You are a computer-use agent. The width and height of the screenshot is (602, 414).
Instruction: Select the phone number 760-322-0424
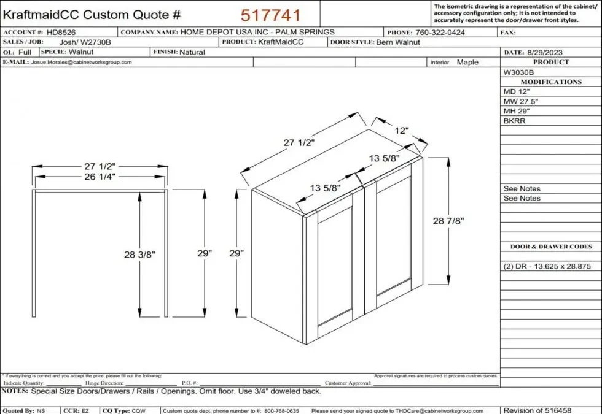tap(440, 33)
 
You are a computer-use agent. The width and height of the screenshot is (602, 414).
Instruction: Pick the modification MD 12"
tap(517, 91)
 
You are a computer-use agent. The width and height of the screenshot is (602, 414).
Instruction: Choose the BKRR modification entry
tap(515, 121)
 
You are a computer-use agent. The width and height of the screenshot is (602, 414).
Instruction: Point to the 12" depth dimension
tap(401, 131)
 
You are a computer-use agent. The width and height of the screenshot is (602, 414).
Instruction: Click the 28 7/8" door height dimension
tap(447, 221)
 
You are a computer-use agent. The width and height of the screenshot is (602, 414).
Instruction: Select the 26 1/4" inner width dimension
tap(100, 177)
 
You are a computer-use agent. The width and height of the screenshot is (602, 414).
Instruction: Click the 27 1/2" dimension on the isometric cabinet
tap(299, 142)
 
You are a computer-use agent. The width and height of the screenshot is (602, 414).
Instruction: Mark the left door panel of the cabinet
tap(335, 265)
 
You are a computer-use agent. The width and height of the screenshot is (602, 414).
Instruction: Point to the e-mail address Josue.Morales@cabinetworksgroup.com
tap(81, 63)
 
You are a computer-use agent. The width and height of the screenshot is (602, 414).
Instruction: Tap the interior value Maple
tap(467, 63)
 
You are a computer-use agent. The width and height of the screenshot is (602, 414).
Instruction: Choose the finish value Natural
tap(192, 53)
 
